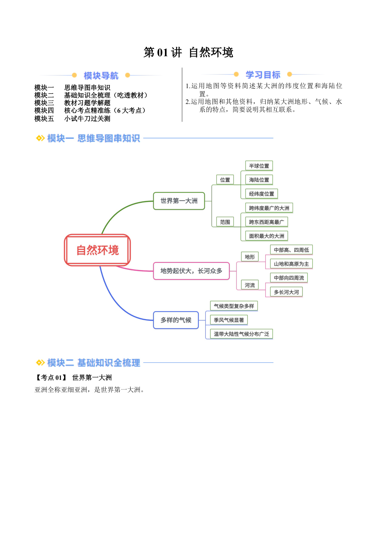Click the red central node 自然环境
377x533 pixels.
[x=97, y=250]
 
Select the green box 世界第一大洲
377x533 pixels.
[x=179, y=201]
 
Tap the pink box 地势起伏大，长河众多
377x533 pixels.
[x=191, y=271]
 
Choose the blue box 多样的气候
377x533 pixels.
[x=176, y=320]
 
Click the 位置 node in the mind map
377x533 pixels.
[x=225, y=180]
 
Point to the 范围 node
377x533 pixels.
[x=225, y=222]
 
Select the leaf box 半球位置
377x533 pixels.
[x=259, y=166]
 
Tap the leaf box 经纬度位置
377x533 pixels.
[x=262, y=194]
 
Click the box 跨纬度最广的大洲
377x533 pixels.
[x=269, y=208]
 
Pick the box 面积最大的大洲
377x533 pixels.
[x=267, y=236]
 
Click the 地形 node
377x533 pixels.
[x=250, y=257]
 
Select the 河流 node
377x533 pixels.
[x=250, y=285]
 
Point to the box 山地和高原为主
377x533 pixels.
[x=291, y=264]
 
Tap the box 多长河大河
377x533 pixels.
[x=286, y=292]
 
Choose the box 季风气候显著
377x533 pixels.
[x=229, y=320]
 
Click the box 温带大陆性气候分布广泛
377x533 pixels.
[x=242, y=334]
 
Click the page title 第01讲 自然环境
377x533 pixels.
[x=188, y=52]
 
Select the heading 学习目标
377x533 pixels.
[x=263, y=75]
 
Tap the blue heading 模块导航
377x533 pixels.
[x=101, y=76]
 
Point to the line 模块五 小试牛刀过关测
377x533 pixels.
[x=72, y=119]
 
